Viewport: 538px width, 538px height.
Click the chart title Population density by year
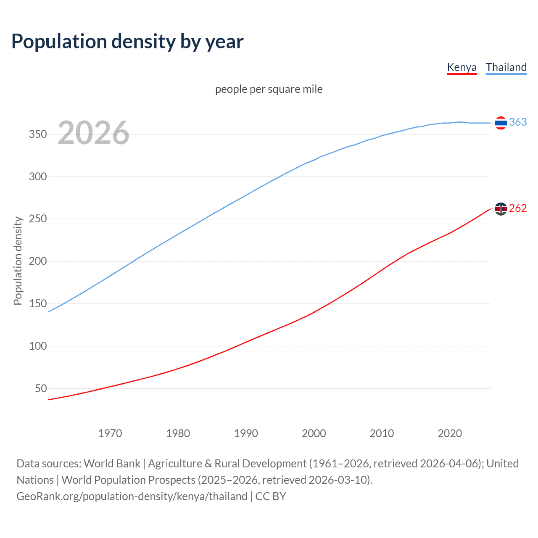pyautogui.click(x=127, y=42)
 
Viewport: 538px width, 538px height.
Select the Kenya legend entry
pyautogui.click(x=462, y=67)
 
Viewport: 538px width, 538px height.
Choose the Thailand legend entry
pyautogui.click(x=506, y=67)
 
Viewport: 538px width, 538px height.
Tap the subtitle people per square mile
pyautogui.click(x=269, y=89)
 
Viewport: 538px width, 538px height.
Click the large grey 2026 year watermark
pyautogui.click(x=93, y=133)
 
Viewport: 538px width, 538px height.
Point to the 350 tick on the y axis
pyautogui.click(x=38, y=134)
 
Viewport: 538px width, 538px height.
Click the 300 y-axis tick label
pyautogui.click(x=38, y=177)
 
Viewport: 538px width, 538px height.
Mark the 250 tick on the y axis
pyautogui.click(x=38, y=219)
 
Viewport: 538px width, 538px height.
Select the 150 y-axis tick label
pyautogui.click(x=38, y=303)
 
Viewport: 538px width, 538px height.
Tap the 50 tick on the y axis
pyautogui.click(x=41, y=388)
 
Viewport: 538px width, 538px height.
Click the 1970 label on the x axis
pyautogui.click(x=110, y=433)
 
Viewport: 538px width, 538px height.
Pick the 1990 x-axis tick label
pyautogui.click(x=246, y=433)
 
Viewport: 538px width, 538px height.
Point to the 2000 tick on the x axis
pyautogui.click(x=314, y=433)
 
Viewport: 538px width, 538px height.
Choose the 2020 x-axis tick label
pyautogui.click(x=450, y=433)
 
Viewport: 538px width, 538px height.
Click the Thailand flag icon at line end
pyautogui.click(x=501, y=123)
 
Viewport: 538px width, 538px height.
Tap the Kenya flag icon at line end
pyautogui.click(x=501, y=208)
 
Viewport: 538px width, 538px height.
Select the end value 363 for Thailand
pyautogui.click(x=518, y=122)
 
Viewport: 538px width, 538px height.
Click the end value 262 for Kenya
pyautogui.click(x=518, y=208)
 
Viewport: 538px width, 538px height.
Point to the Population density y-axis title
pyautogui.click(x=18, y=261)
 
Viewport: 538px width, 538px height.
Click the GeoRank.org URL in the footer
pyautogui.click(x=132, y=496)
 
